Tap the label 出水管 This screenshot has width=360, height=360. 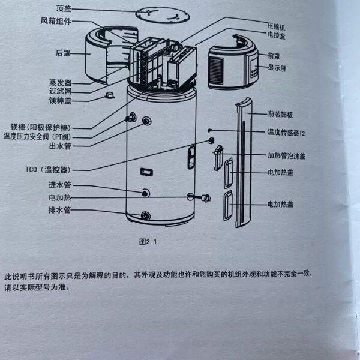point(60,145)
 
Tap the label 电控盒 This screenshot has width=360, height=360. point(277,35)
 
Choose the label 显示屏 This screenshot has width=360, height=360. point(277,68)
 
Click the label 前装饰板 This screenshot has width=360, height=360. point(280,113)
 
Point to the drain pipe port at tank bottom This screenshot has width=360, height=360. point(145,215)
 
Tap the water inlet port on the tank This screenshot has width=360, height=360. point(145,192)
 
